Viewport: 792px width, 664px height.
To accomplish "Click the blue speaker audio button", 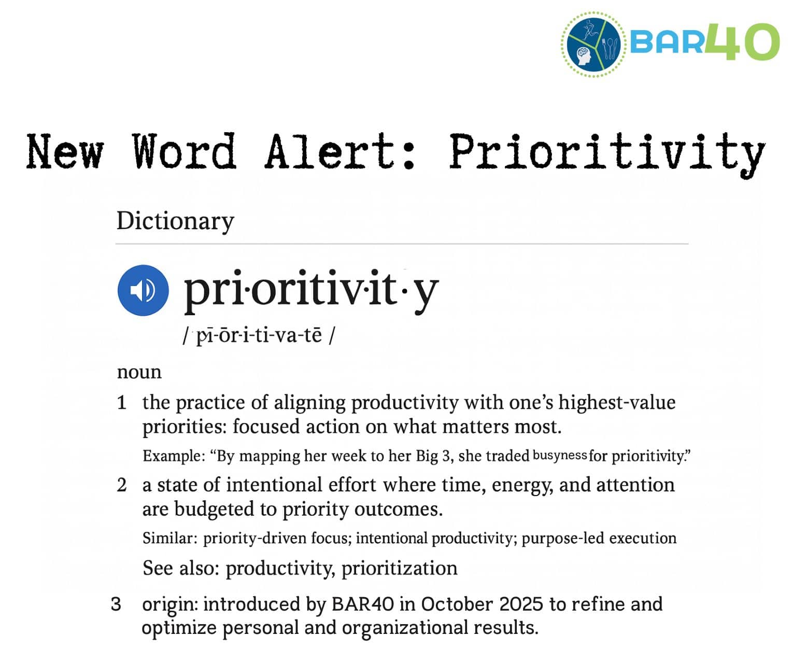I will pos(143,290).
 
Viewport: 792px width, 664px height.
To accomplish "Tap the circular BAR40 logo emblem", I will pos(594,45).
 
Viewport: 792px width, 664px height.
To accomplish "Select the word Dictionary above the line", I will pos(175,221).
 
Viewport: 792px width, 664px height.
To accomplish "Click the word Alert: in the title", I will pos(340,151).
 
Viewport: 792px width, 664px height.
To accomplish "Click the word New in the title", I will pos(65,151).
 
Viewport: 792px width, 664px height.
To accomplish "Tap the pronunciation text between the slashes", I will pos(259,335).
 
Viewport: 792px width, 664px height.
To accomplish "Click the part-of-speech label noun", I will pos(139,372).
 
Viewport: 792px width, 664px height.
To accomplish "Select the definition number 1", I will pos(122,403).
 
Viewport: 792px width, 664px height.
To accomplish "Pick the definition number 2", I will pos(122,485).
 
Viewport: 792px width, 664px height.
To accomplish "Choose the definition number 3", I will pos(116,604).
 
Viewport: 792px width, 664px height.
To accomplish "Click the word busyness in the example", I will pos(559,456).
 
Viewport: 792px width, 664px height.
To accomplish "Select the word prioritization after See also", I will pos(399,568).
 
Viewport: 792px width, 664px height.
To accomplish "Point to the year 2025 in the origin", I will pos(521,604).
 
